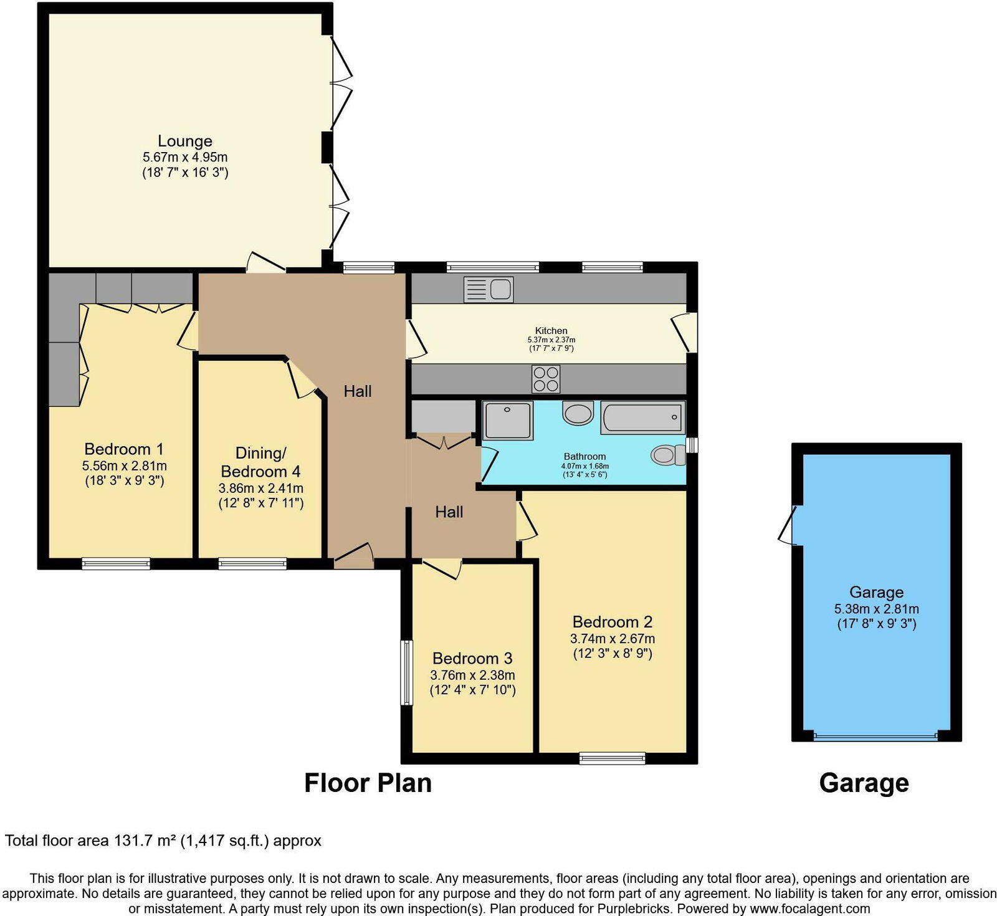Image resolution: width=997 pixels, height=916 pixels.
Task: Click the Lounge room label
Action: coord(184,141)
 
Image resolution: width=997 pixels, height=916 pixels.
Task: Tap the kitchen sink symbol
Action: coord(489,290)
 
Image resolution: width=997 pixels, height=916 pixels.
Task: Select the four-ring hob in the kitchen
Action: coord(546,379)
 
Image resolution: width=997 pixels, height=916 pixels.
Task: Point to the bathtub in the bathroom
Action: coord(642,417)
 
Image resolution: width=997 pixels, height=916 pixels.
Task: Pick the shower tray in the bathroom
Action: coord(508,421)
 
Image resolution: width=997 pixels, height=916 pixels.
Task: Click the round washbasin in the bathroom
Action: coord(578,413)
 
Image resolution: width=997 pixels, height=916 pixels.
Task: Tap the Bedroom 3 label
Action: coord(472,659)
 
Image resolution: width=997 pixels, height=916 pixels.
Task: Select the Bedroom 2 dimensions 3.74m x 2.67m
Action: coord(612,639)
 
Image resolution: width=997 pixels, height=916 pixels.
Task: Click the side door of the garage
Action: coord(789,525)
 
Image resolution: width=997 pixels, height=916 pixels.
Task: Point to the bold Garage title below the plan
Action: coord(864,783)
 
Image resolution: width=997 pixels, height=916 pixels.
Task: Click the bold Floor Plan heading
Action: coord(368,783)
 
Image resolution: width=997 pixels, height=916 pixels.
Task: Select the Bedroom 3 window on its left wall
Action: coord(406,672)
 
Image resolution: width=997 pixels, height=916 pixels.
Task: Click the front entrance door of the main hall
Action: coord(353,556)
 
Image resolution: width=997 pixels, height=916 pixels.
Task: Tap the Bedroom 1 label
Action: coord(124,449)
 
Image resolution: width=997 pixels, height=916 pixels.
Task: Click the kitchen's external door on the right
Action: coord(684,332)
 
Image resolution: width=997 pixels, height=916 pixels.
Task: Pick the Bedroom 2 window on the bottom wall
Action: coord(612,758)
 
